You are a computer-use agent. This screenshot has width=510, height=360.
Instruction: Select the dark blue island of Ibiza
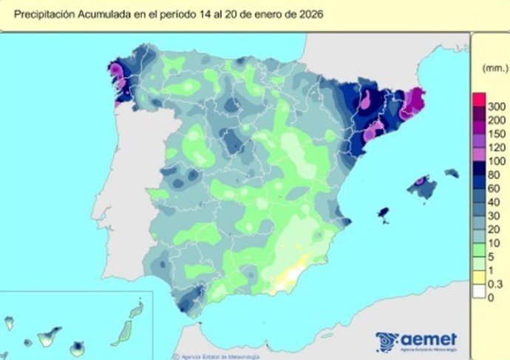tap(383, 214)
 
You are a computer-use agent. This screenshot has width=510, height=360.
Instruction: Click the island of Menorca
tap(451, 173)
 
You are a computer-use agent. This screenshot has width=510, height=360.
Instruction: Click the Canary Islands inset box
tap(74, 325)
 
